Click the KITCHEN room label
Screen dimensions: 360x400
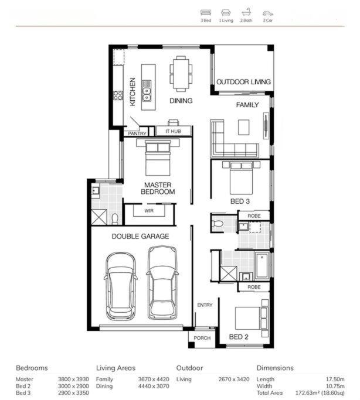[133, 91]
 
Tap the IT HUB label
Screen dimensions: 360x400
[173, 131]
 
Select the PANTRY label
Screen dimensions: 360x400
[137, 134]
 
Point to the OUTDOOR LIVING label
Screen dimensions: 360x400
[243, 82]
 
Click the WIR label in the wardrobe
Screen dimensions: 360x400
[149, 211]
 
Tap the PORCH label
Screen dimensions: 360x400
[202, 338]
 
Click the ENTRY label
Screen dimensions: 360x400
[205, 305]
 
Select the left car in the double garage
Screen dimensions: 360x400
[121, 286]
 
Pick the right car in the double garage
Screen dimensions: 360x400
[162, 282]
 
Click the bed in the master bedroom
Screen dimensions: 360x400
[158, 158]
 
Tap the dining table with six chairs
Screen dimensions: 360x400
[181, 73]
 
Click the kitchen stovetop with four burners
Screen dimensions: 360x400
[118, 95]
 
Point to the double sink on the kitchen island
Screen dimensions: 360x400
[147, 91]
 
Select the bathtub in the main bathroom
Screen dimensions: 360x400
[262, 265]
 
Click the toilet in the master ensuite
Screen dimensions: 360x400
[115, 219]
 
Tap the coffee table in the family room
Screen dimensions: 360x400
[243, 127]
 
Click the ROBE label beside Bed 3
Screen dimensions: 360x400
[254, 216]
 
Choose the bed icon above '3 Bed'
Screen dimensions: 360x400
[206, 12]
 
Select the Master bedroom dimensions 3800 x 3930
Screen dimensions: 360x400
[73, 380]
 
